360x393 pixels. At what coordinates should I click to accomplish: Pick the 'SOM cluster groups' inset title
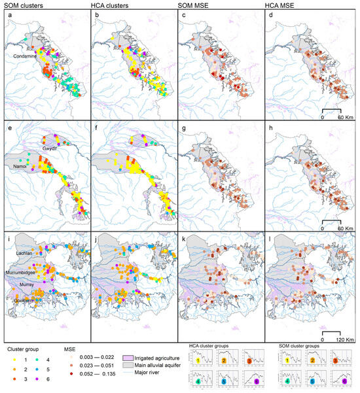coord(299,345)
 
